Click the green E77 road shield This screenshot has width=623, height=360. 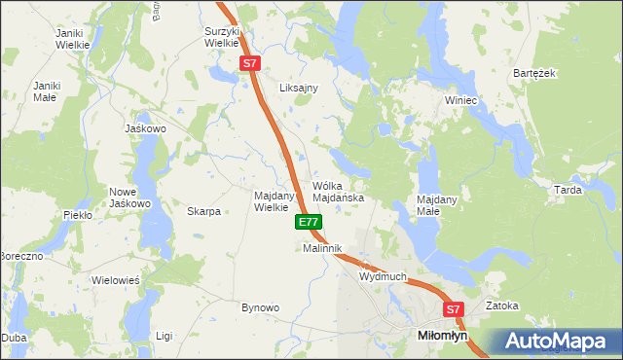(x=308, y=223)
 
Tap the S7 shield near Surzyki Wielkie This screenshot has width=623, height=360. (x=250, y=63)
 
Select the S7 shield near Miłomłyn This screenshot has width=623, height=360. (x=453, y=310)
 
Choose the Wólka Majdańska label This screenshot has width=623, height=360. (x=338, y=192)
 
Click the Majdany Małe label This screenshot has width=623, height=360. (x=437, y=205)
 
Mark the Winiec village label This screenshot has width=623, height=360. (x=460, y=100)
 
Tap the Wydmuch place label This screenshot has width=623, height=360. (x=383, y=277)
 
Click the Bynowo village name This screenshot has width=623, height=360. (x=260, y=307)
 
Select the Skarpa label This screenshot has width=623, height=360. (x=204, y=211)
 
